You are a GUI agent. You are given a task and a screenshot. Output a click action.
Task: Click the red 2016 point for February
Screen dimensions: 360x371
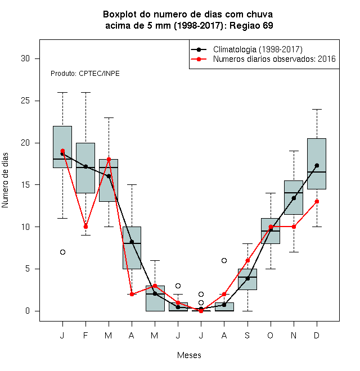pyautogui.click(x=85, y=227)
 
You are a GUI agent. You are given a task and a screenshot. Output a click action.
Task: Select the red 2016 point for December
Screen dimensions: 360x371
pyautogui.click(x=317, y=202)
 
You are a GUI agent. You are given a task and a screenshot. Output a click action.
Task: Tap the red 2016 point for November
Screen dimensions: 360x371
pyautogui.click(x=294, y=227)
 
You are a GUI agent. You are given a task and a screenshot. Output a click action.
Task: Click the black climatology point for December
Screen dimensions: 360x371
pyautogui.click(x=317, y=165)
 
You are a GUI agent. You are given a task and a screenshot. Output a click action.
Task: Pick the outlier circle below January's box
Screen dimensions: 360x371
pyautogui.click(x=62, y=252)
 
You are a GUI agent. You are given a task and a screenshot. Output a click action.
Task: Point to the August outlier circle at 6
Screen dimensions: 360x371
pyautogui.click(x=224, y=260)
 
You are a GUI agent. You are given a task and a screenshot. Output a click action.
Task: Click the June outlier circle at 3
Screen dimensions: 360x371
pyautogui.click(x=178, y=286)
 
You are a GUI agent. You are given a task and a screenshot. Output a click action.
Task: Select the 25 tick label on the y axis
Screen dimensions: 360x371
pyautogui.click(x=25, y=101)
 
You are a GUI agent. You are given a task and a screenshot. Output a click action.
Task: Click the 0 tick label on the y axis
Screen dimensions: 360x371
pyautogui.click(x=28, y=311)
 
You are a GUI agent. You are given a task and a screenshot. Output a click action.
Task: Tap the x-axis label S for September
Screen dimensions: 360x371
pyautogui.click(x=247, y=336)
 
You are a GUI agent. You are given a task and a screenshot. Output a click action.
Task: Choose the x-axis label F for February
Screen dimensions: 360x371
pyautogui.click(x=85, y=336)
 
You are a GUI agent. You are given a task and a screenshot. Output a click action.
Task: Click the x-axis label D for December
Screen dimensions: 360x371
pyautogui.click(x=317, y=336)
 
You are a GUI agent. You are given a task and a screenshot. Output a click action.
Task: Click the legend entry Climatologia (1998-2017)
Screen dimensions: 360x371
pyautogui.click(x=258, y=49)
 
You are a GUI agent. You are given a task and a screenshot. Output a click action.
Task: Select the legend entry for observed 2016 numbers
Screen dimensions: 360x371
pyautogui.click(x=274, y=59)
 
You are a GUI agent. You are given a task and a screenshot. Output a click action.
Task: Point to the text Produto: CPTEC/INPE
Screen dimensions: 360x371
pyautogui.click(x=85, y=74)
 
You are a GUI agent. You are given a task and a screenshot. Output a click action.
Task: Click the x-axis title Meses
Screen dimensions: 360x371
pyautogui.click(x=189, y=355)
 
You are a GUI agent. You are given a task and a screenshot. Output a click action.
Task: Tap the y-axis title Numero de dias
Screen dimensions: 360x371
pyautogui.click(x=5, y=180)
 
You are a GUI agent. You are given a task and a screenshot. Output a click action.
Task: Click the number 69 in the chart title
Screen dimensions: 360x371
pyautogui.click(x=268, y=25)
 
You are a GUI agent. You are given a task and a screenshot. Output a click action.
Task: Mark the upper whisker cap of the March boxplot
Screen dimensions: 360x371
pyautogui.click(x=109, y=117)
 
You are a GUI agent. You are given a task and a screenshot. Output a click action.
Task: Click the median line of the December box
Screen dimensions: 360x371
pyautogui.click(x=317, y=172)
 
